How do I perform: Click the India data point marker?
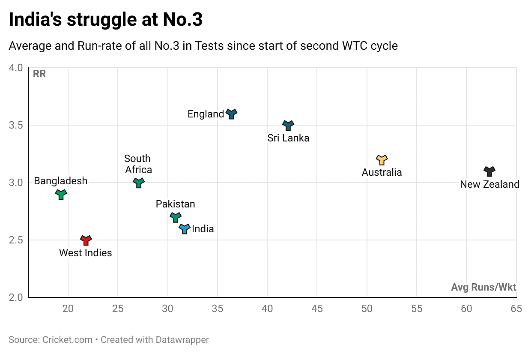(x=185, y=228)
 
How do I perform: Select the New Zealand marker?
(x=489, y=171)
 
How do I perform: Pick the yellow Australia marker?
(x=382, y=160)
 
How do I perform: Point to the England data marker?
(x=231, y=114)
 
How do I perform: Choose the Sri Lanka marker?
(x=288, y=125)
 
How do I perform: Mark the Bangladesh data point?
(x=61, y=194)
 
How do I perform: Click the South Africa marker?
(x=139, y=183)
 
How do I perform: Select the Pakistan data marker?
(x=176, y=217)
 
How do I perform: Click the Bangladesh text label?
(x=61, y=181)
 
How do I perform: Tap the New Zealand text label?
(x=489, y=184)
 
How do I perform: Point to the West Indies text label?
(x=86, y=253)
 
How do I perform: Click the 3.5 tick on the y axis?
(x=18, y=125)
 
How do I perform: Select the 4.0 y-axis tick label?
(x=18, y=68)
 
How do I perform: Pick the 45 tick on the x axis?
(x=317, y=308)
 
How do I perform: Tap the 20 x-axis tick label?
(x=68, y=308)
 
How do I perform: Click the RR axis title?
(x=39, y=74)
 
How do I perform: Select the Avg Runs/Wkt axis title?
(x=483, y=287)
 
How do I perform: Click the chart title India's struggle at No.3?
(x=106, y=20)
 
